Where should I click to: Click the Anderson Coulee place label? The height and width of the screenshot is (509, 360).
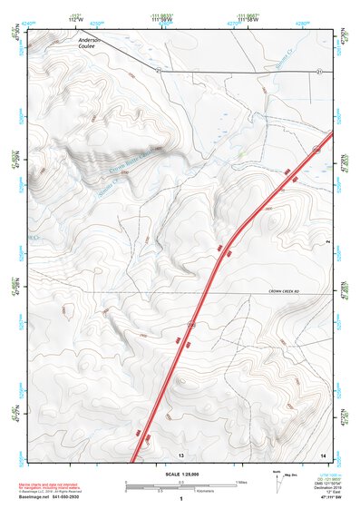click(x=92, y=44)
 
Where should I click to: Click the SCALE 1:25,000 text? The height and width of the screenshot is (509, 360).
click(x=180, y=475)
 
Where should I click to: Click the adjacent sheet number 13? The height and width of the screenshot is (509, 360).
click(x=181, y=454)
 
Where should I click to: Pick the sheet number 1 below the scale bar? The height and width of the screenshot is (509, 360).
click(x=181, y=498)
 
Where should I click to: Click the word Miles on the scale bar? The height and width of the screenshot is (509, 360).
click(x=241, y=481)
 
